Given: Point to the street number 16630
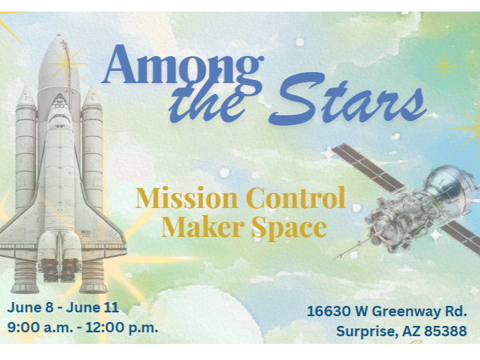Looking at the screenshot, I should pos(328,312).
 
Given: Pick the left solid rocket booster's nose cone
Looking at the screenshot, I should pos(26,97).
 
